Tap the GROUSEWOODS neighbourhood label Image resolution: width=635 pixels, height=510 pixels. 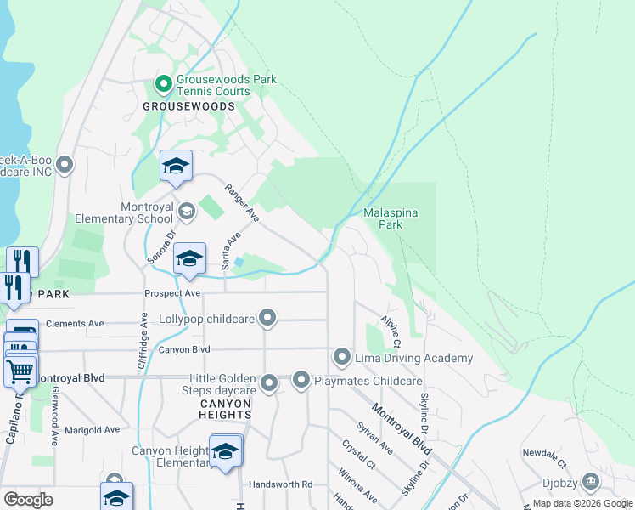click(188, 106)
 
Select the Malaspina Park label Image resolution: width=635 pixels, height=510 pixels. click(390, 219)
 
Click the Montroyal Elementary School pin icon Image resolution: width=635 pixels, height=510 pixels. click(187, 210)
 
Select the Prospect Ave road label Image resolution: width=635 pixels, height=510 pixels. click(172, 293)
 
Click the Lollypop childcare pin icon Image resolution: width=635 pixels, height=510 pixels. click(268, 319)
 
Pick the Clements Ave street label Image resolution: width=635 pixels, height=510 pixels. click(75, 324)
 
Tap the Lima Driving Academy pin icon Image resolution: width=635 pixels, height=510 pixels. click(342, 357)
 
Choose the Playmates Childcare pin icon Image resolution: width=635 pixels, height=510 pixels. click(301, 381)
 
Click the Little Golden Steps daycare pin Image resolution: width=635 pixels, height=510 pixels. click(269, 384)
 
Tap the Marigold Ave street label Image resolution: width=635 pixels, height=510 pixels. click(93, 430)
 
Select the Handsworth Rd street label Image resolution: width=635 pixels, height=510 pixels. click(280, 484)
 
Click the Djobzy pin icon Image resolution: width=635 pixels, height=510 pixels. click(590, 482)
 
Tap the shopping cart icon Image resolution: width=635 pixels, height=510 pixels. click(20, 371)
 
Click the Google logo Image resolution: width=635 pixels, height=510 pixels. click(28, 500)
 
